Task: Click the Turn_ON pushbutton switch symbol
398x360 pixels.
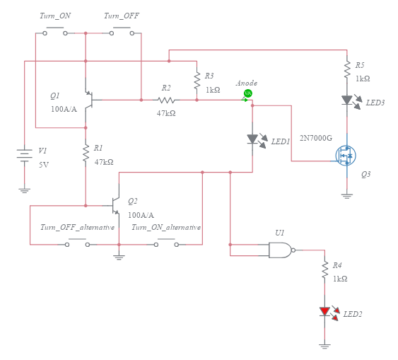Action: click(x=54, y=32)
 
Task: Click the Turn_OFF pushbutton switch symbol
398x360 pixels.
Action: click(x=121, y=32)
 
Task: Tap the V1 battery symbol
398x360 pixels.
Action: click(x=25, y=155)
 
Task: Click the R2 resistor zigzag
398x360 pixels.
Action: click(x=166, y=100)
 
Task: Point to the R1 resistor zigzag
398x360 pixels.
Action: click(x=86, y=151)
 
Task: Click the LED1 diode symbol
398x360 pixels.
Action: click(x=252, y=139)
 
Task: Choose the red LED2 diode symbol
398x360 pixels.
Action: click(x=324, y=311)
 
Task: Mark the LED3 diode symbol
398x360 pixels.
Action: click(x=347, y=100)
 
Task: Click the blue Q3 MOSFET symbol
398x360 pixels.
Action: click(x=346, y=155)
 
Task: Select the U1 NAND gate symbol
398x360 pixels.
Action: click(x=281, y=250)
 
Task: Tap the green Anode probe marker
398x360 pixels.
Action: click(x=247, y=93)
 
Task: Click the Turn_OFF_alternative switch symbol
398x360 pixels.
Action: click(x=76, y=244)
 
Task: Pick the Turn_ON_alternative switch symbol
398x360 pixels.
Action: click(x=165, y=244)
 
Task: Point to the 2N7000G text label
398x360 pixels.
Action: click(x=316, y=138)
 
